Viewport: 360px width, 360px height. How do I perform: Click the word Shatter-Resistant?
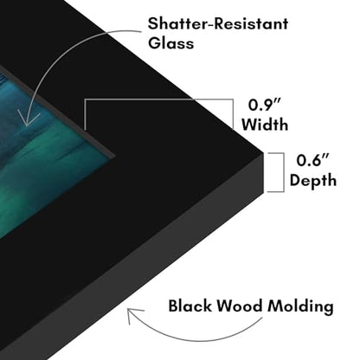[x=218, y=23]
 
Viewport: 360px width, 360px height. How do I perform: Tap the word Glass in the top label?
[x=170, y=43]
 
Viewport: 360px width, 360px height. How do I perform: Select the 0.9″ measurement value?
[x=264, y=105]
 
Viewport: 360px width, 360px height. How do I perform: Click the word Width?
[x=265, y=125]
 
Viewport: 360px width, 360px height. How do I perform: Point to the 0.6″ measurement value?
[x=312, y=160]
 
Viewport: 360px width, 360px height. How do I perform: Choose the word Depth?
[x=313, y=181]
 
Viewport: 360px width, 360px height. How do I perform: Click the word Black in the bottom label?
[x=190, y=305]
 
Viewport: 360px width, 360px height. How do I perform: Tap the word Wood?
[x=240, y=305]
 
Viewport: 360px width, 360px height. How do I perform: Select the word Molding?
[x=300, y=306]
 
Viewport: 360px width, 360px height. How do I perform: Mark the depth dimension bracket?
[x=284, y=172]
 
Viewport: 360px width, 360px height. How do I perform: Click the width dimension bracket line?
[x=158, y=100]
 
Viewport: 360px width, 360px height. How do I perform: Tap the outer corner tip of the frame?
[x=264, y=153]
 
